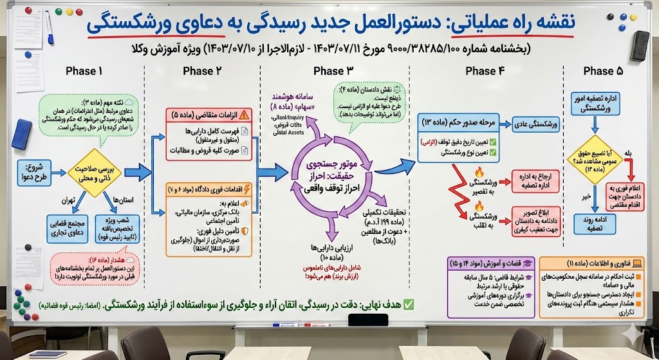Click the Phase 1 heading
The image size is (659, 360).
pos(84,71)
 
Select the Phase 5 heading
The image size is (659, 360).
pos(598,71)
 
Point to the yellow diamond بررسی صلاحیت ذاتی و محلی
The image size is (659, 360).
pos(95,171)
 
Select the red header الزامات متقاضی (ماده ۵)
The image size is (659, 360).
pos(209,115)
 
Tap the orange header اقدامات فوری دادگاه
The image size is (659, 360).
pos(209,191)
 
